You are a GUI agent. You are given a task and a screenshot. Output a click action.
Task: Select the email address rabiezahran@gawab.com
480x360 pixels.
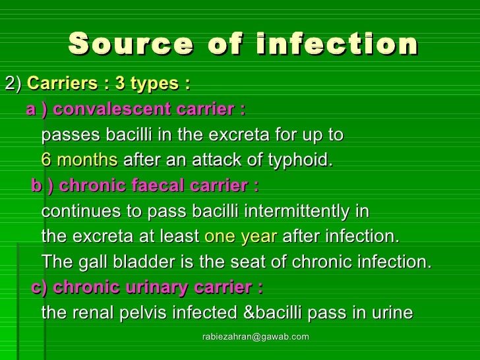click(255, 337)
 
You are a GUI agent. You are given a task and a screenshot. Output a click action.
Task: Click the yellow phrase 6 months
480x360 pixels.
click(79, 160)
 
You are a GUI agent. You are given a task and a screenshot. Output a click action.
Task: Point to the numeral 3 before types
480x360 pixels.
click(120, 83)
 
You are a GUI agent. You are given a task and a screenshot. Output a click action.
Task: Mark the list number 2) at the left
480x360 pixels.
click(13, 83)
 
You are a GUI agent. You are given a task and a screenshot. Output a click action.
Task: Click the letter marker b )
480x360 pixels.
click(42, 186)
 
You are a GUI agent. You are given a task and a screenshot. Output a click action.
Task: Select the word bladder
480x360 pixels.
click(135, 262)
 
